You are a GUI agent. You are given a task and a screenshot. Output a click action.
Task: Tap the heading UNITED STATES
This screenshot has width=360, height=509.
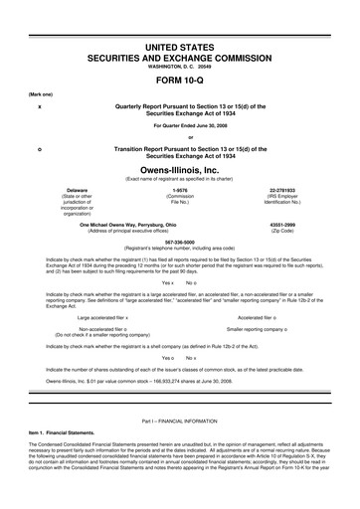[x=180, y=48]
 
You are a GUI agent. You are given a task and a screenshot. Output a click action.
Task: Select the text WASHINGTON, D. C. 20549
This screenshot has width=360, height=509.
[x=180, y=67]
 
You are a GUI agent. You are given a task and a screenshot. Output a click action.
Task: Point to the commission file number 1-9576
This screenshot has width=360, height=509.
[x=180, y=189]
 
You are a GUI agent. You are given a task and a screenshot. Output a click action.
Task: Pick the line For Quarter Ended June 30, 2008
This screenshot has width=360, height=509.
[x=180, y=125]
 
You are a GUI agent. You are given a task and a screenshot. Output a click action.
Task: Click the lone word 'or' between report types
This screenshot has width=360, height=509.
[x=180, y=136]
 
